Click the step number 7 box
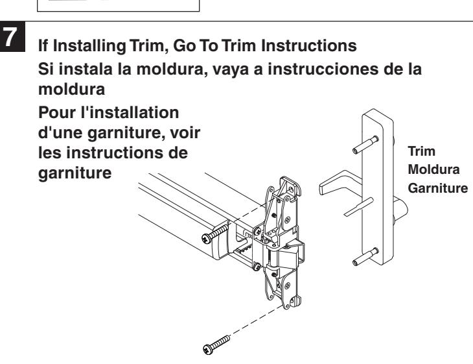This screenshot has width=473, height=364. pos(12,36)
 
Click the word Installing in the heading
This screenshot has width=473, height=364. pos(89,46)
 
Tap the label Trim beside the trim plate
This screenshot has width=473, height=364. pos(421,151)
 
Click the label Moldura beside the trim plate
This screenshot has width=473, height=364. pos(433,169)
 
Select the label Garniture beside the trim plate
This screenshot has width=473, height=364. pos(438,188)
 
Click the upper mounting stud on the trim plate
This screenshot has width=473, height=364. pos(365,145)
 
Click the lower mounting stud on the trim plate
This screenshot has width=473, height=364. pos(365,256)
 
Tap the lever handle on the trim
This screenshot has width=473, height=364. pos(340,182)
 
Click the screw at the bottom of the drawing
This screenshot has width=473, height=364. pos(216,345)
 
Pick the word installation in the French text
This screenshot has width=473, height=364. pos(135,113)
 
